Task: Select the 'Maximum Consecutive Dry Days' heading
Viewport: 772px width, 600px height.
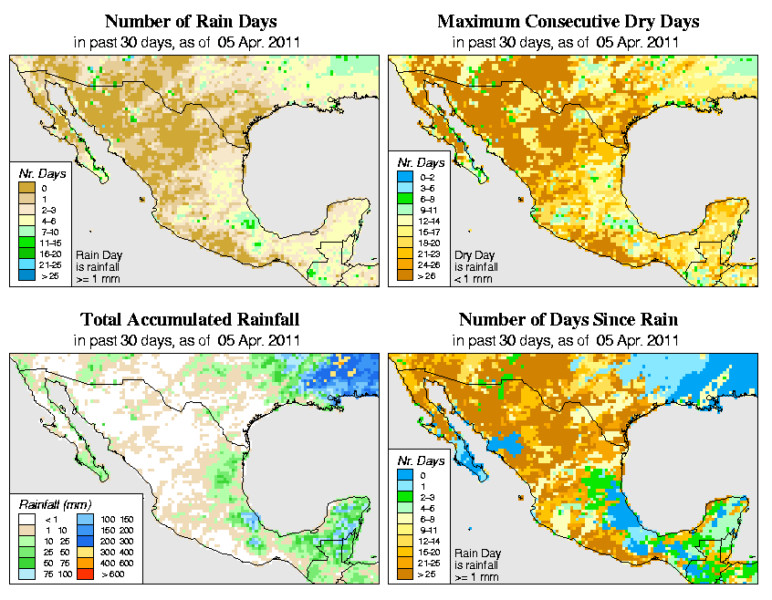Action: pos(569,21)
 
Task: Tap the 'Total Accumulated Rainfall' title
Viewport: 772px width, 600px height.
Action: pos(189,320)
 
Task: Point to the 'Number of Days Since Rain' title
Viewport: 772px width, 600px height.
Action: pos(569,320)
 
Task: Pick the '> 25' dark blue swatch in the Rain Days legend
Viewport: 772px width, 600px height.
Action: pos(27,274)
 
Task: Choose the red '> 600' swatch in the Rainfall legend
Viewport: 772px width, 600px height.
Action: pos(83,574)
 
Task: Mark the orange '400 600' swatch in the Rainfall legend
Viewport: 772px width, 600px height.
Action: pos(83,564)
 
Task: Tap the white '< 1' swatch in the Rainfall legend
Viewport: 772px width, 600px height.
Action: pos(27,520)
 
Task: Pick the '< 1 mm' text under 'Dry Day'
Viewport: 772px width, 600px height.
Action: pos(475,279)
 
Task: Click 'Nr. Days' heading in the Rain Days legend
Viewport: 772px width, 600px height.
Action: pos(37,173)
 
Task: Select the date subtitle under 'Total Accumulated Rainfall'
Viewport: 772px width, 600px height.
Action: pos(189,340)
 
